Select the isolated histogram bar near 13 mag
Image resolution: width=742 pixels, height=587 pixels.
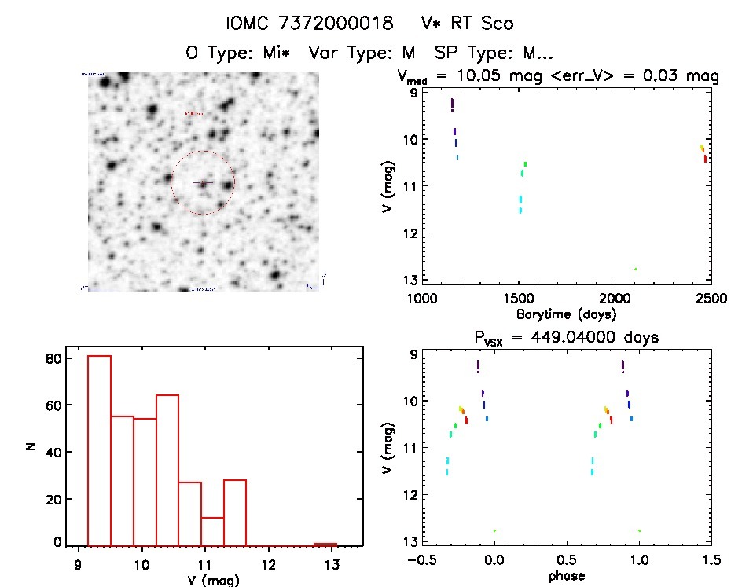(x=325, y=544)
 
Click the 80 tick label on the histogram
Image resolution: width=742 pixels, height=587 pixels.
(x=54, y=358)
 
